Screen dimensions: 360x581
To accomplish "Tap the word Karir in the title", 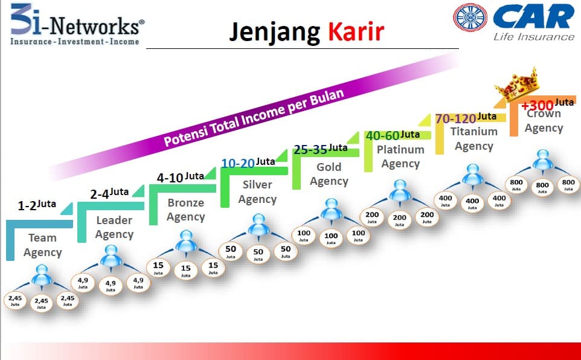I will tap(356, 31).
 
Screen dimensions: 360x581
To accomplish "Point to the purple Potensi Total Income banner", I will tap(254, 115).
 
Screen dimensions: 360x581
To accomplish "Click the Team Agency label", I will tap(42, 245).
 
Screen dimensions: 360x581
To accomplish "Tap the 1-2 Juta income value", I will tap(37, 205).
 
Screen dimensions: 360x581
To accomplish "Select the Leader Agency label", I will tap(115, 227).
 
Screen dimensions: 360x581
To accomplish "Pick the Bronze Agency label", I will tap(185, 210).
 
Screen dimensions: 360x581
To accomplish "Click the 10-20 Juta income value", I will tap(248, 163).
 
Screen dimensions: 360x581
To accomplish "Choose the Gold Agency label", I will tap(329, 174).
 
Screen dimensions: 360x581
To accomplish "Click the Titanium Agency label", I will tap(474, 138).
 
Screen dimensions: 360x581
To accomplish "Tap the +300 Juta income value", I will tap(547, 104).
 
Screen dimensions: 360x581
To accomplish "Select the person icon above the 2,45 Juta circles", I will tap(41, 278).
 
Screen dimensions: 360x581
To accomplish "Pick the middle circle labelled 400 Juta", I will tap(473, 203).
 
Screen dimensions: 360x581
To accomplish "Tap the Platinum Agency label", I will tap(400, 156).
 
